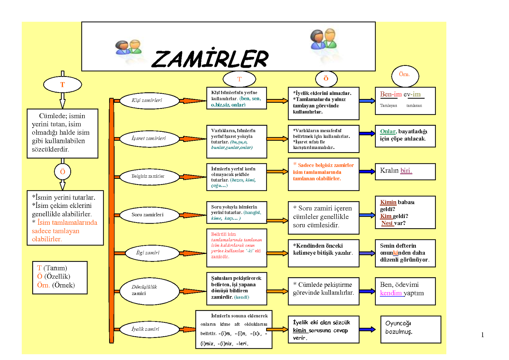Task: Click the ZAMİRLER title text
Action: (x=210, y=59)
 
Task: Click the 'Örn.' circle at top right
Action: (x=405, y=75)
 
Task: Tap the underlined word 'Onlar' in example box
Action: (x=388, y=131)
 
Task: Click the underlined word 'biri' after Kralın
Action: (x=406, y=171)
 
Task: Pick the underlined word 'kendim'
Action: (x=391, y=293)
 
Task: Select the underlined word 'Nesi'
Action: (x=387, y=223)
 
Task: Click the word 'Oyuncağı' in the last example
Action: (x=398, y=323)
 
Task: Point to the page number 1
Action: (x=483, y=335)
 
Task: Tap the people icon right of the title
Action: (x=323, y=39)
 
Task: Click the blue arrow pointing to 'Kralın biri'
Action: (x=367, y=172)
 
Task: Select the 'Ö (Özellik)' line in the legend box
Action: (x=54, y=277)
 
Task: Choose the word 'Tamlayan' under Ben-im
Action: (x=388, y=106)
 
